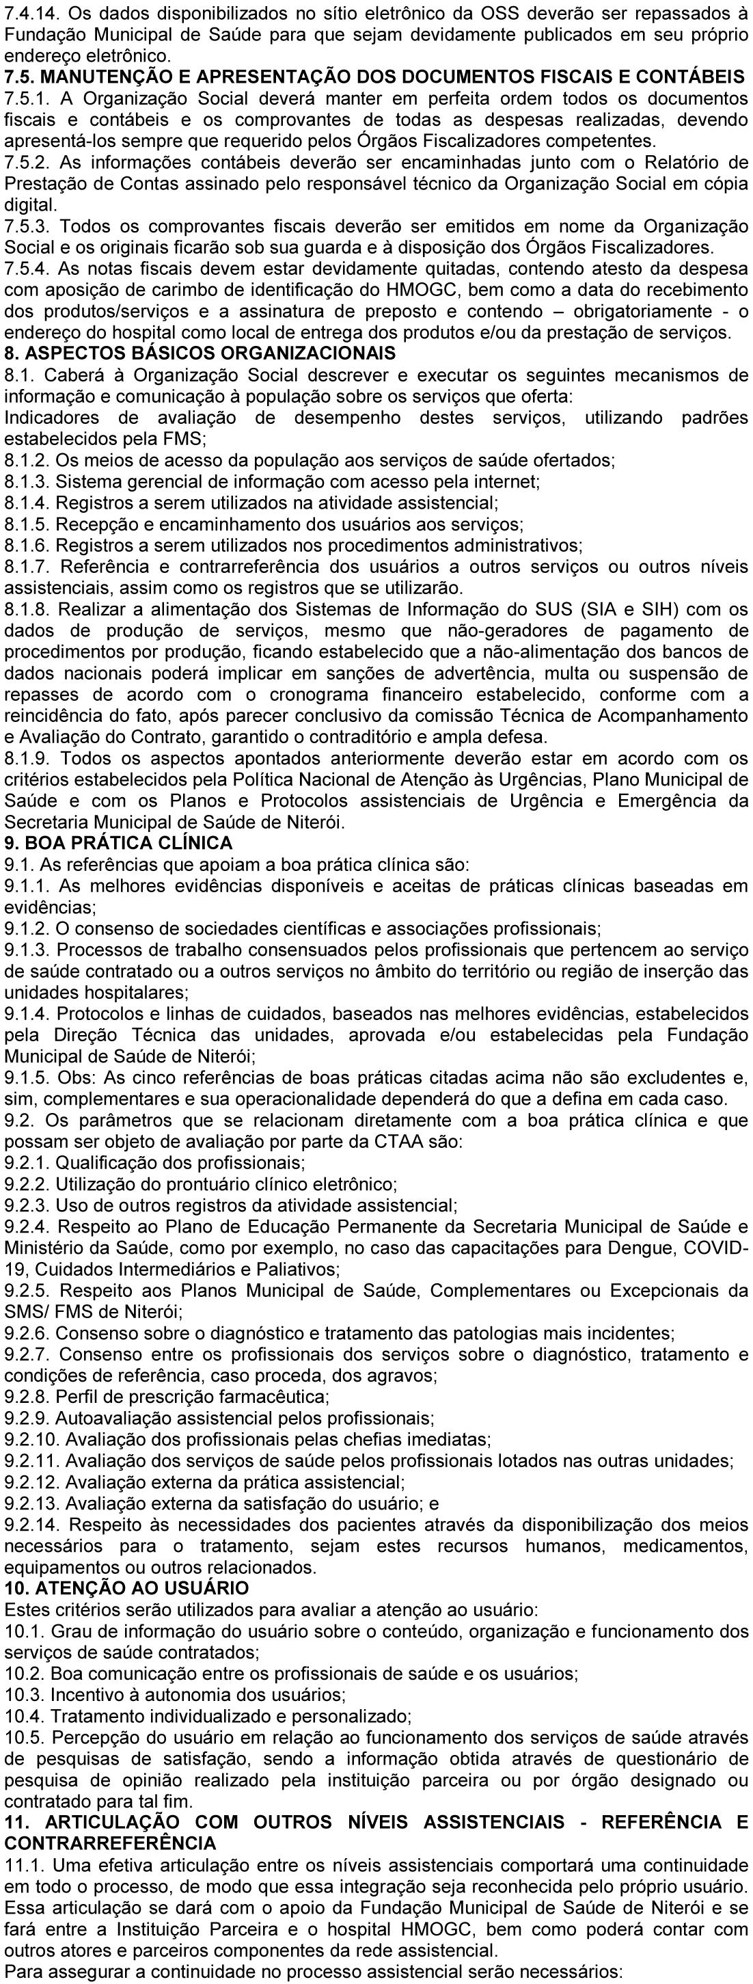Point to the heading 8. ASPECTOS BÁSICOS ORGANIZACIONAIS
pos(200,354)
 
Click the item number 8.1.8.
pos(25,610)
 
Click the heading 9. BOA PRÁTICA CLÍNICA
pos(119,842)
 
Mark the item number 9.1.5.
pos(25,1077)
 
